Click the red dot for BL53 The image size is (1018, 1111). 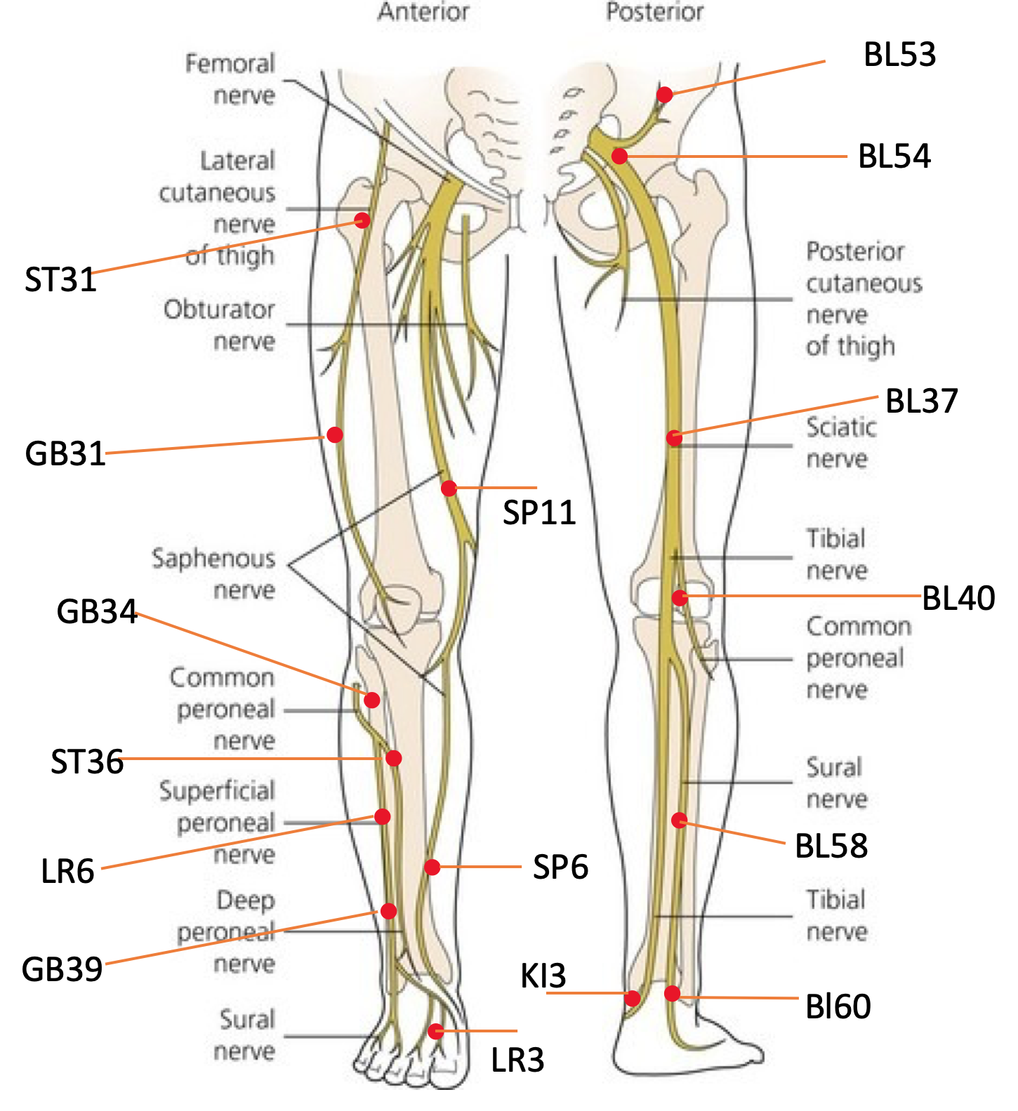(x=664, y=95)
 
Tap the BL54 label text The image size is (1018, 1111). (x=894, y=157)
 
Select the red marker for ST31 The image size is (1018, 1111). (x=362, y=220)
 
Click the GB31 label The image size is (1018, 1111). (x=65, y=454)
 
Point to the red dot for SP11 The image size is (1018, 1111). (x=449, y=488)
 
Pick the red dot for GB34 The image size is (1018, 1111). (x=372, y=700)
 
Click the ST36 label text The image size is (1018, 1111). (x=87, y=762)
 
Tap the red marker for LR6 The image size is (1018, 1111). (x=383, y=816)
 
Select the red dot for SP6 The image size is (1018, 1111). (x=432, y=867)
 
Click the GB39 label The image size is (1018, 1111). (x=62, y=969)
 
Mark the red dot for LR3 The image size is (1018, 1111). (x=437, y=1031)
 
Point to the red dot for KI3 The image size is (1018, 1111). (x=633, y=997)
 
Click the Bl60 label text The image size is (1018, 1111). (x=838, y=1006)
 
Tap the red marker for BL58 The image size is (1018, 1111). (x=679, y=820)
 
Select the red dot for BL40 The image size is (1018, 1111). (x=680, y=597)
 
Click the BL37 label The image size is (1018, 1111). (x=921, y=401)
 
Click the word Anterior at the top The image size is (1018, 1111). (x=423, y=12)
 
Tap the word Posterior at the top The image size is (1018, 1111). (x=655, y=12)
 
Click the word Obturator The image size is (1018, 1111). (x=219, y=310)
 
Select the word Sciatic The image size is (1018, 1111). (x=841, y=427)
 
